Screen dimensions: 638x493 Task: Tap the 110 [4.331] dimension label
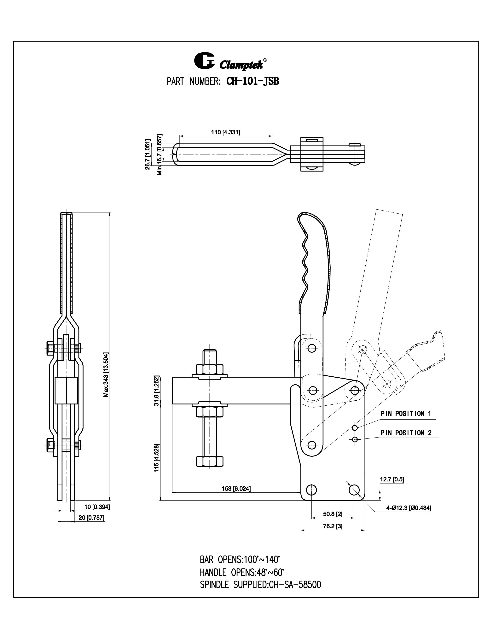[x=225, y=132]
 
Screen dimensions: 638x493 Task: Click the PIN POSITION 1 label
[x=406, y=414]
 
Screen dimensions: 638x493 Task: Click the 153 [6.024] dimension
[x=236, y=488]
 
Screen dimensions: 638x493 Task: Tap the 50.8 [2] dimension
[x=333, y=514]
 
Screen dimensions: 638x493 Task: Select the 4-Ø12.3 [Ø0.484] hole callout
[x=409, y=508]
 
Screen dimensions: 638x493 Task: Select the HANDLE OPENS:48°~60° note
[x=242, y=572]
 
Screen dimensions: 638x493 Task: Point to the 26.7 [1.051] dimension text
[x=148, y=154]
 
